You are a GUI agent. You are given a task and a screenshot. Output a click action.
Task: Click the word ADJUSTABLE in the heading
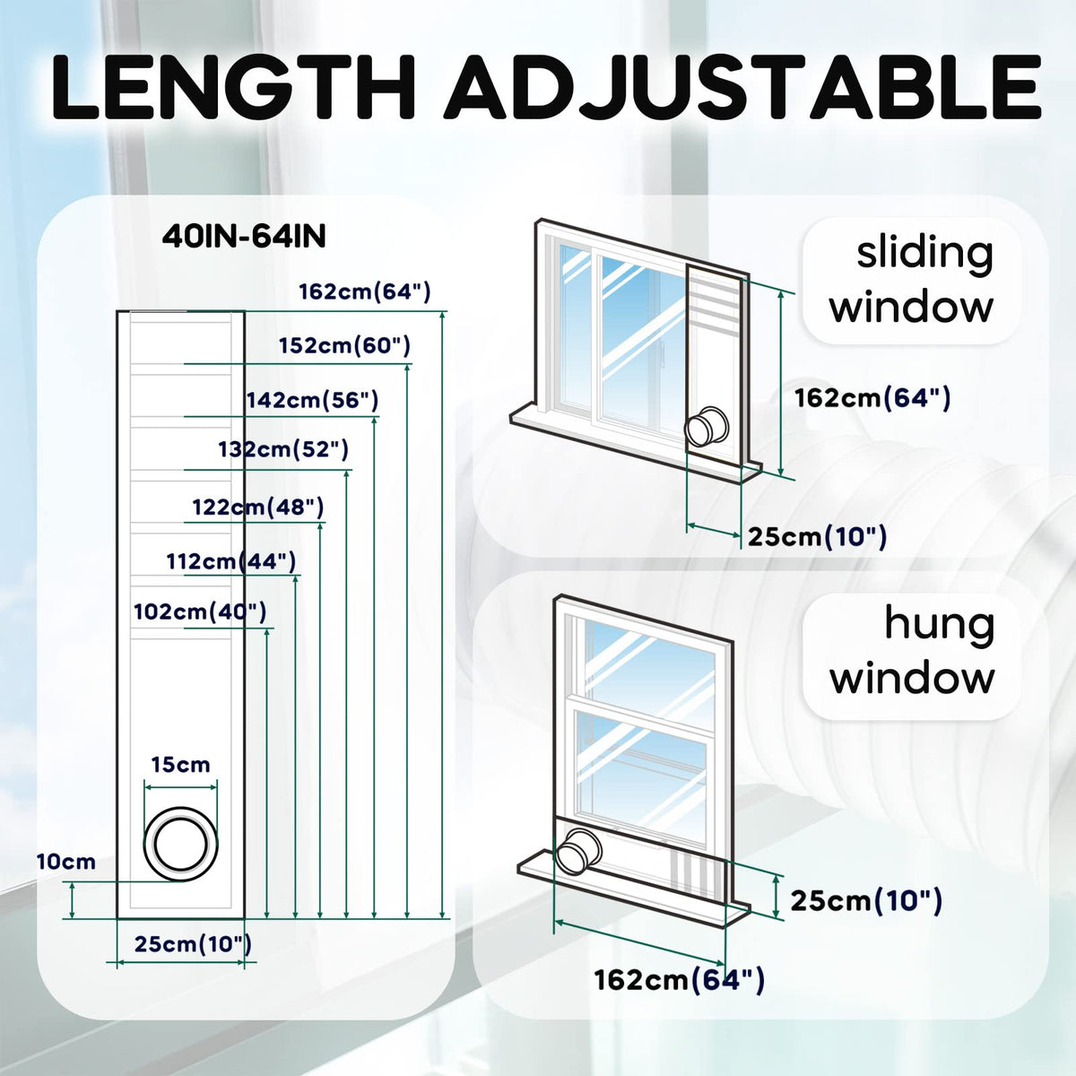[x=742, y=87]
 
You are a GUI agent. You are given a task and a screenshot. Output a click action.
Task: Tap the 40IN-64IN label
[x=244, y=237]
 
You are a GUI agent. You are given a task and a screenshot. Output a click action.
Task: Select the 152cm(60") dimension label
[x=345, y=345]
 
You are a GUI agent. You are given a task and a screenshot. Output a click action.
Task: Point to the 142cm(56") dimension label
[x=313, y=400]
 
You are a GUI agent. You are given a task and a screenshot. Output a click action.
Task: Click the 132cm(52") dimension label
[x=283, y=449]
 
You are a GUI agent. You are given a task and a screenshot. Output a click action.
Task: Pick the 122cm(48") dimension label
[x=258, y=507]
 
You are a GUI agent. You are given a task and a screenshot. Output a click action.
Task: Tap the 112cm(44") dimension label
[x=231, y=561]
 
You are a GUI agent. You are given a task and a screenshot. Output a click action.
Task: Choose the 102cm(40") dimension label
[x=200, y=612]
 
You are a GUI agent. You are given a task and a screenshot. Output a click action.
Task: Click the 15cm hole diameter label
[x=181, y=765]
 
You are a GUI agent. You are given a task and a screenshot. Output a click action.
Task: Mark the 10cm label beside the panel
[x=66, y=862]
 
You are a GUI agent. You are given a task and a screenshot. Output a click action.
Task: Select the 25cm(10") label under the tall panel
[x=193, y=943]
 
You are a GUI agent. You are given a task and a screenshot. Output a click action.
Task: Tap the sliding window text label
[x=911, y=280]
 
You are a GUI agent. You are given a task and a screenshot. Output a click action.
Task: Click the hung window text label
[x=913, y=651]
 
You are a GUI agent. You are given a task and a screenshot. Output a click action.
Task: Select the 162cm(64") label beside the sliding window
[x=872, y=398]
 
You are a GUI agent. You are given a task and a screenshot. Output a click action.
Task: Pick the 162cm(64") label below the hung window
[x=679, y=980]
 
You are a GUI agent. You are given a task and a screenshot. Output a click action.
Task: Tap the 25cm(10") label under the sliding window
[x=817, y=537]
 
